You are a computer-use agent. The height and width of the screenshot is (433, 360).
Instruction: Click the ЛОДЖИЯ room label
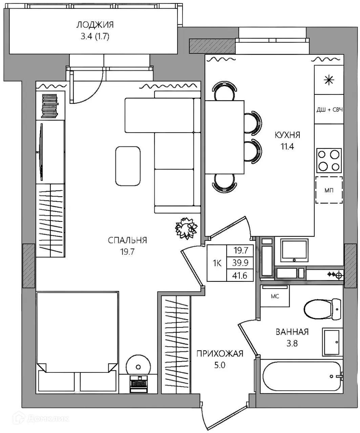click(x=95, y=25)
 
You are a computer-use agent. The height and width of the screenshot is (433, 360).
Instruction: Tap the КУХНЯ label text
click(x=287, y=135)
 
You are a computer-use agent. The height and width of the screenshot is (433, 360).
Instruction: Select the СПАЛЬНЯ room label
click(x=127, y=240)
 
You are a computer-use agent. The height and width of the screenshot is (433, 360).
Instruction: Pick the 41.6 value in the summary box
click(x=240, y=276)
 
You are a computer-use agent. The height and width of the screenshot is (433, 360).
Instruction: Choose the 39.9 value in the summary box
click(x=240, y=263)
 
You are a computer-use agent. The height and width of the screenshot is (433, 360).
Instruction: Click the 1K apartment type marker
click(x=217, y=263)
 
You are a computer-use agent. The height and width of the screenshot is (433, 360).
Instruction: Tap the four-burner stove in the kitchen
click(x=329, y=161)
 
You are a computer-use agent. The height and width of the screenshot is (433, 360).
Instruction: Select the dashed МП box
click(x=329, y=190)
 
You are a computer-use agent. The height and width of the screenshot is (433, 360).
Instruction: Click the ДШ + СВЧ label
click(x=330, y=110)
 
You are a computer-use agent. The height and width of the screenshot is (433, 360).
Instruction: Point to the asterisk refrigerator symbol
click(x=329, y=80)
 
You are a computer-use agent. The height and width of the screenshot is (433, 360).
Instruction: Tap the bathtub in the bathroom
click(x=302, y=376)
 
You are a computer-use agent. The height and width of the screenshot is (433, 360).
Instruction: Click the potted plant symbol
click(x=186, y=228)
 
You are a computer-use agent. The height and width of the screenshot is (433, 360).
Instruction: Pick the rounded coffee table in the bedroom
click(x=128, y=166)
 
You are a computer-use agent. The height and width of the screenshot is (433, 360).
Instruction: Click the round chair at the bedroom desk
click(x=138, y=367)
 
